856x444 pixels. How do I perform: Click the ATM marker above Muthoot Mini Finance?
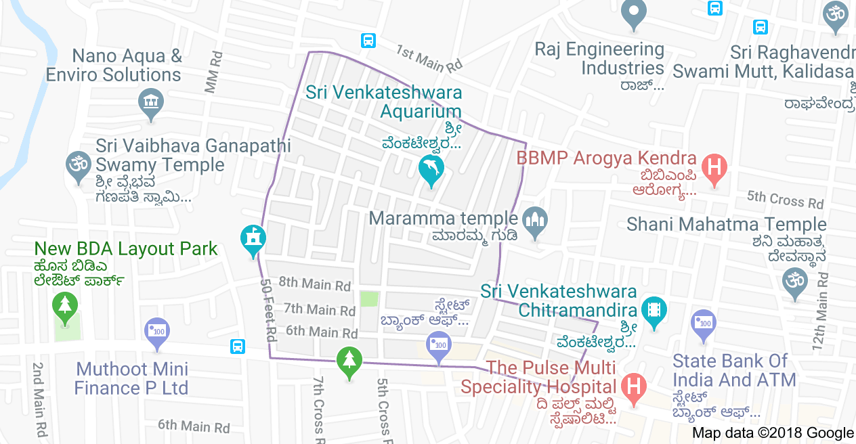coord(158,332)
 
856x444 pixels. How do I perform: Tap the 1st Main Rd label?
coord(429,60)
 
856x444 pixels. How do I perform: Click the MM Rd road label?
coord(214,70)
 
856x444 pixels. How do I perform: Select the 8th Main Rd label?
coord(314,284)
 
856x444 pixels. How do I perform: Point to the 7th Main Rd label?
coord(320,309)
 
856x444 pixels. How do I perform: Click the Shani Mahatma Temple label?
coord(727,224)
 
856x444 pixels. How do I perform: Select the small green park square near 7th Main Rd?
coord(369,298)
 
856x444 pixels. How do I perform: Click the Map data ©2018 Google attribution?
coord(773,433)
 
